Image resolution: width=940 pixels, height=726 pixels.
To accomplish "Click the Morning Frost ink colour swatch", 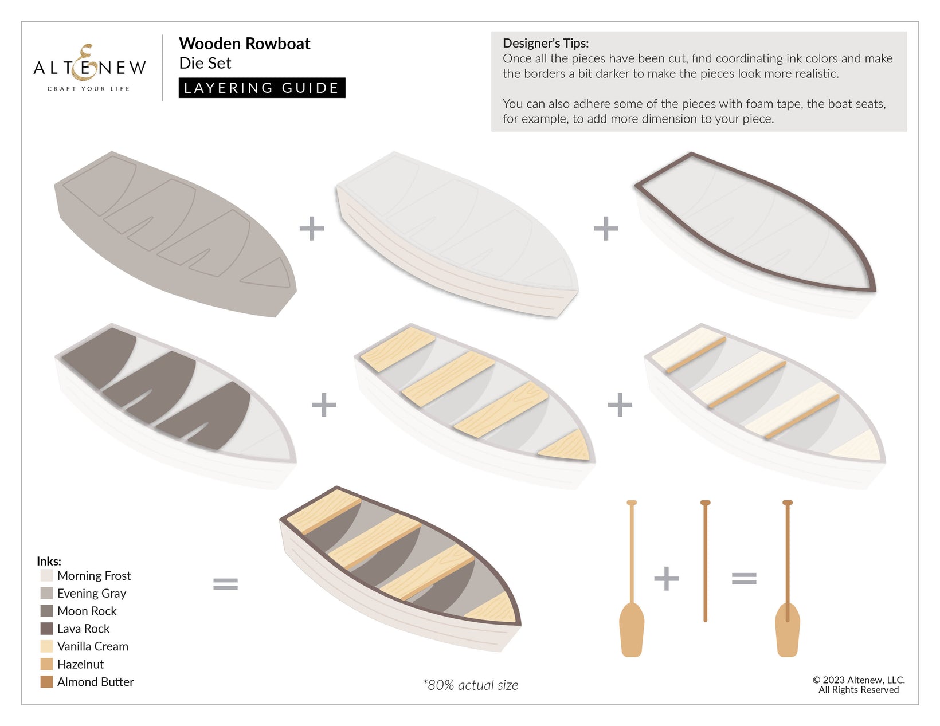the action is (46, 575).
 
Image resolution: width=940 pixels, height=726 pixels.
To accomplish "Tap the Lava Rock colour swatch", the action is (46, 629).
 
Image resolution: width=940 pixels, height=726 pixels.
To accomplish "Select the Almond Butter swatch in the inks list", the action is (46, 682).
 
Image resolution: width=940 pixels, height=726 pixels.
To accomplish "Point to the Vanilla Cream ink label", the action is (93, 646).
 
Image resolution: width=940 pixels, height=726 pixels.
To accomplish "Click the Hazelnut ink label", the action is (80, 664).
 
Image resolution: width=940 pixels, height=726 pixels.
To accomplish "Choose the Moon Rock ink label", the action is (87, 611).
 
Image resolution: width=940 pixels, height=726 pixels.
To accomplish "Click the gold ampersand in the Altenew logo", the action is (83, 62).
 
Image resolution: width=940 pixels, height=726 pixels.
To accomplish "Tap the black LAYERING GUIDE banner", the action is (262, 88).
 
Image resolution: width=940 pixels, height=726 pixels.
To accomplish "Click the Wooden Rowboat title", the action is (244, 44).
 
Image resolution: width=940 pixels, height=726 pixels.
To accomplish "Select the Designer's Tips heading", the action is (546, 43).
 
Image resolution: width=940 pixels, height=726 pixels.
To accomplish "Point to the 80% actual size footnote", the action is (470, 685).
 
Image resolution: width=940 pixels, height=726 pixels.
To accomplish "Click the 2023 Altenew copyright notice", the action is (858, 685).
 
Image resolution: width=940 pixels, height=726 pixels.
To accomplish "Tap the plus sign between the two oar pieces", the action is (666, 579).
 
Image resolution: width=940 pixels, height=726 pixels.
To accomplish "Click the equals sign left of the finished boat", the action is (225, 584).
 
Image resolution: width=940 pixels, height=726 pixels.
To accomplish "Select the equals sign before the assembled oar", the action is (744, 579).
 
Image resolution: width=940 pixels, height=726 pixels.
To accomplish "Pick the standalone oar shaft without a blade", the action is (705, 561).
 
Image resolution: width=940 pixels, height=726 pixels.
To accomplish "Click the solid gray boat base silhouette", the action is (175, 234).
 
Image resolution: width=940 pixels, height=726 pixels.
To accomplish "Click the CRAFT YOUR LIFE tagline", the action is (89, 89).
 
